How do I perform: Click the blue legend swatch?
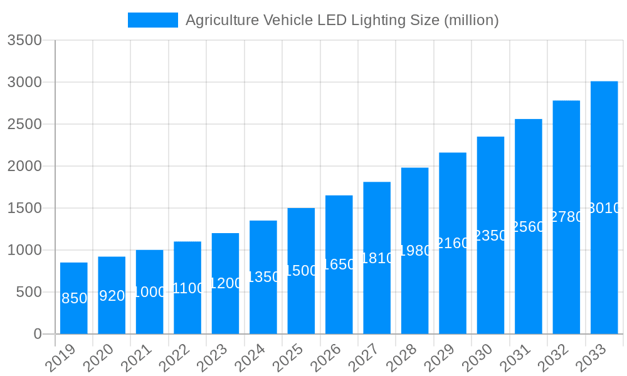pyautogui.click(x=152, y=20)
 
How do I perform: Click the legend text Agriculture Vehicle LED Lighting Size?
pyautogui.click(x=342, y=20)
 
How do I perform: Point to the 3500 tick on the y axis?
pyautogui.click(x=24, y=41)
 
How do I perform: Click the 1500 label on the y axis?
pyautogui.click(x=24, y=208)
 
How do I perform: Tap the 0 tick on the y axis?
pyautogui.click(x=37, y=334)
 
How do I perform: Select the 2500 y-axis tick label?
pyautogui.click(x=24, y=124)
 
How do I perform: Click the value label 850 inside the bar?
pyautogui.click(x=74, y=298)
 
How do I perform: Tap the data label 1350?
pyautogui.click(x=263, y=277)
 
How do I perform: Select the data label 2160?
pyautogui.click(x=453, y=243)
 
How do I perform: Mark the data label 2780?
pyautogui.click(x=566, y=217)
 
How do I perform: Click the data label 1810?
pyautogui.click(x=377, y=258)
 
